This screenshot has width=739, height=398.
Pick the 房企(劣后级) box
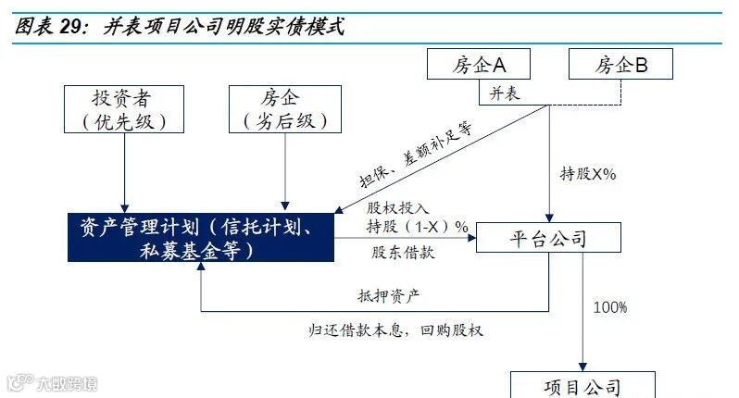284,109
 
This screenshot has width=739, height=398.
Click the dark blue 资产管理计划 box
201,237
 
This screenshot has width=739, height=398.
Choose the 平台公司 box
547,239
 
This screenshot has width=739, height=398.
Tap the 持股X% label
589,173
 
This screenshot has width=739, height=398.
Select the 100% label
610,306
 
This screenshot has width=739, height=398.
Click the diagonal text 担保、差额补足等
416,154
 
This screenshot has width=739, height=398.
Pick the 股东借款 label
403,252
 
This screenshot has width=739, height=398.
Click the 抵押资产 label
389,296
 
